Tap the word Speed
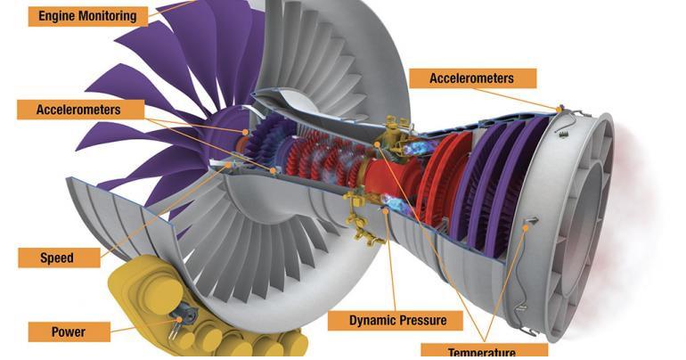58,258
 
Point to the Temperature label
480,350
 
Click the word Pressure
412,320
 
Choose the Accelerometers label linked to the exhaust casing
471,78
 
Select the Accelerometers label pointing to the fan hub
78,109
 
